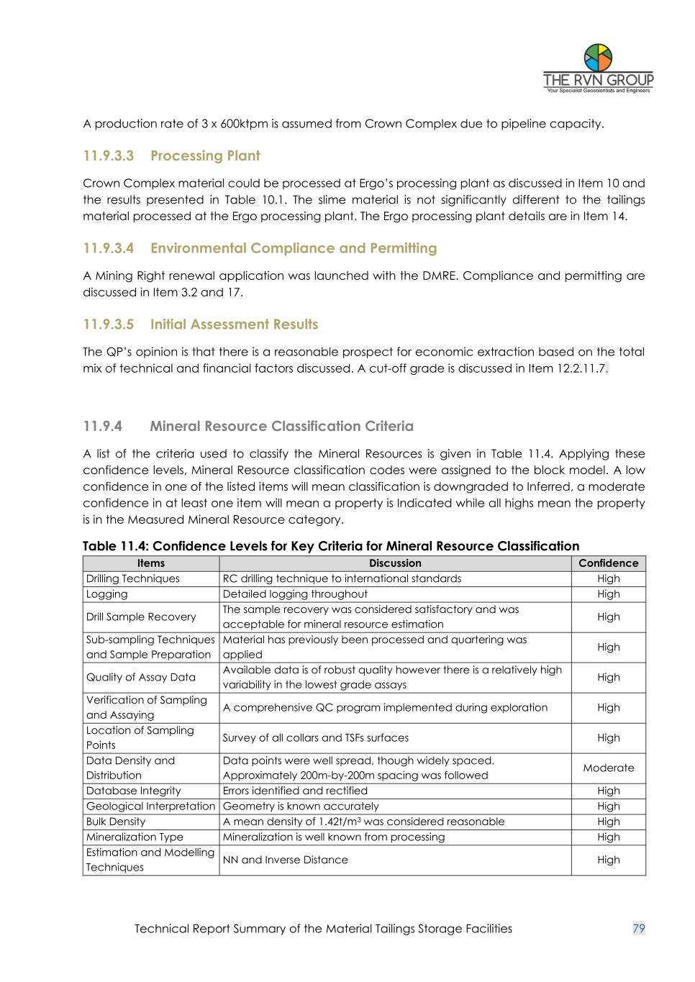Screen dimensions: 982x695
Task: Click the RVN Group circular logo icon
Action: pos(598,58)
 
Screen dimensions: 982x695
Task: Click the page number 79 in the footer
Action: pos(638,929)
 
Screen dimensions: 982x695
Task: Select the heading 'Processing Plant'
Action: pos(205,156)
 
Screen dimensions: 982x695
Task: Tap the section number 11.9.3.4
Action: pos(109,248)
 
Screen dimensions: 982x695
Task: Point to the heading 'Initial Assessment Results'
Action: pos(234,324)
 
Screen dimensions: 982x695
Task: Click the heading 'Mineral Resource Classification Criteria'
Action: pos(281,427)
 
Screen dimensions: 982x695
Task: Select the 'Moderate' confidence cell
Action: pos(609,768)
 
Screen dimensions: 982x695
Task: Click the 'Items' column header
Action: pos(151,563)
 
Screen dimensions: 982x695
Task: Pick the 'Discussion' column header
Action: pos(395,563)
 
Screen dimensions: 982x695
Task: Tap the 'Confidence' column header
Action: pos(609,563)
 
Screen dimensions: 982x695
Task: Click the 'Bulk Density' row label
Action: pos(116,822)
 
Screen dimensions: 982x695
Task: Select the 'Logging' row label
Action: pos(107,594)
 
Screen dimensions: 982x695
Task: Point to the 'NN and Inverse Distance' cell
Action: pos(286,860)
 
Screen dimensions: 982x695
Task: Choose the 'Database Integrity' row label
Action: pos(134,791)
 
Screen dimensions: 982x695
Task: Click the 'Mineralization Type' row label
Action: pos(135,837)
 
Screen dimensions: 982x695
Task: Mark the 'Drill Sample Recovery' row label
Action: pos(141,617)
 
